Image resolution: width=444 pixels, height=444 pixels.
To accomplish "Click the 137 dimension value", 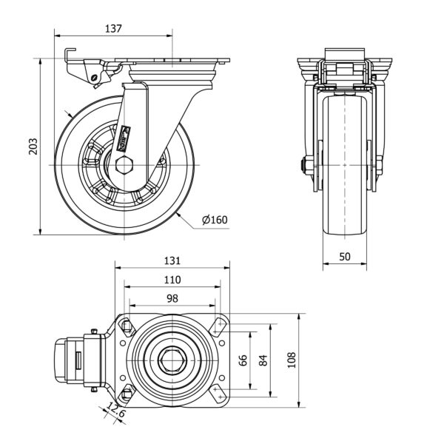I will click(112, 28).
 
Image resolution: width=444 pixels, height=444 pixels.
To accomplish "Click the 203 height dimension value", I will click(32, 147).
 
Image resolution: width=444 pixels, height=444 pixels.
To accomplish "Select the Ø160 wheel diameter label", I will click(214, 219).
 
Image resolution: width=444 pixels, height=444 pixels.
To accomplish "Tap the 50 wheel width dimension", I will click(345, 256).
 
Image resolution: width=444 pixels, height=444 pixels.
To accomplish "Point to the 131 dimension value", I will click(172, 260).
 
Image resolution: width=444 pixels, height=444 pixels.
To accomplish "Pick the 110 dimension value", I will click(172, 280).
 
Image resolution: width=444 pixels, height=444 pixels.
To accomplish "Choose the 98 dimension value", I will click(172, 298).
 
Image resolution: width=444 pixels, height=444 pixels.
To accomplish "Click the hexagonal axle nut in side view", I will click(124, 164).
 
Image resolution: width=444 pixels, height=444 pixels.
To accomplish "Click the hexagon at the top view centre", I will click(172, 360).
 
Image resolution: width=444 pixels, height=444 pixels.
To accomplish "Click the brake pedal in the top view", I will click(69, 360).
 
